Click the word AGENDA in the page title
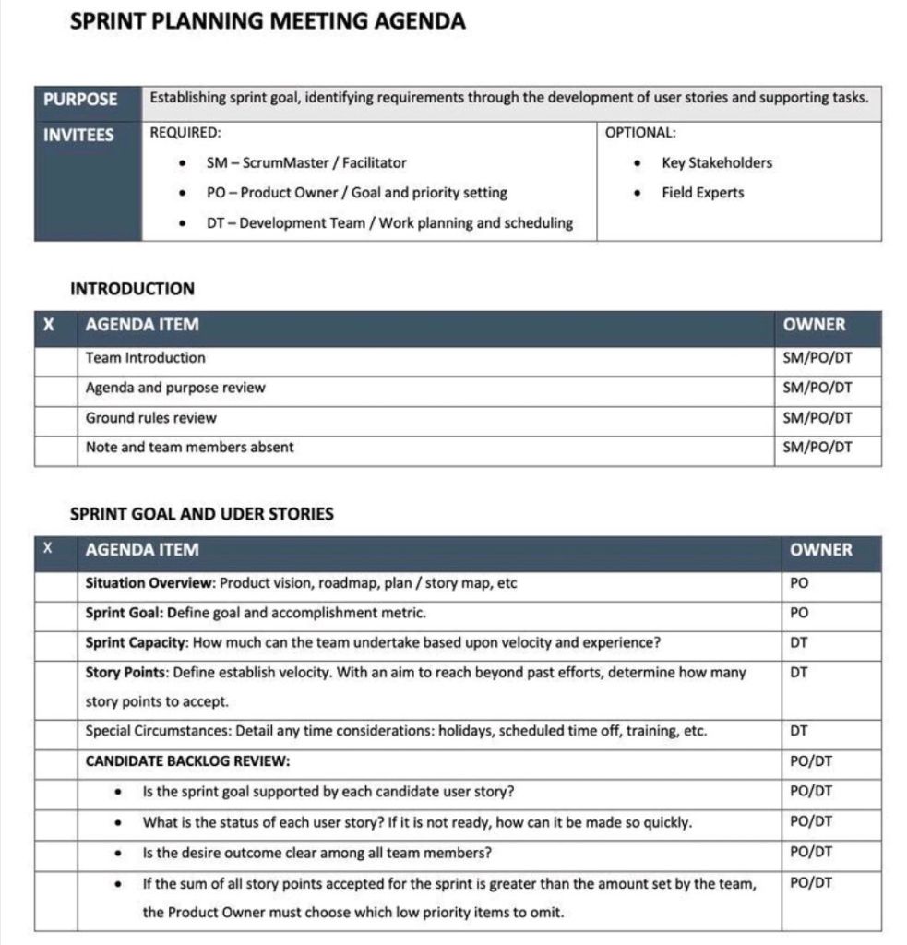coord(420,21)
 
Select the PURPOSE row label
coord(80,99)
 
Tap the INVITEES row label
coord(79,135)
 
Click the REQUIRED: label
coord(185,133)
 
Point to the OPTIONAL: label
coord(640,133)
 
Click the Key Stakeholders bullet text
coord(716,163)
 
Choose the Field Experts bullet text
coord(702,193)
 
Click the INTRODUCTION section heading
coord(132,289)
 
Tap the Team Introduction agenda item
coord(146,358)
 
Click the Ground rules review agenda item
coord(150,418)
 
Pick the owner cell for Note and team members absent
coord(817,448)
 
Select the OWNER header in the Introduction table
coord(814,325)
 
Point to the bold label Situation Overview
coord(149,583)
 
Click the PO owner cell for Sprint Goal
coord(800,613)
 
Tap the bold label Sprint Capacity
coord(136,643)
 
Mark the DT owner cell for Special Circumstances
coord(800,732)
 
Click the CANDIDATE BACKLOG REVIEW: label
coord(187,762)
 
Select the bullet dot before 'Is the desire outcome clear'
coord(119,853)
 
